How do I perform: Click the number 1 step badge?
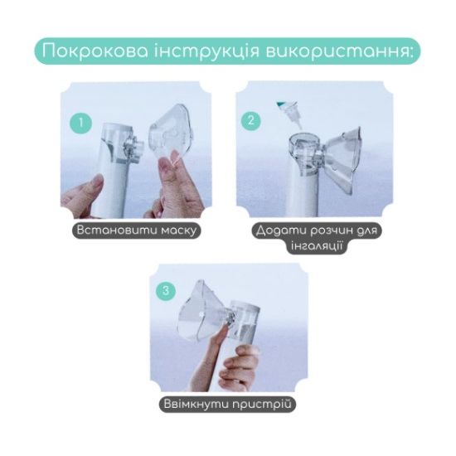[80, 123]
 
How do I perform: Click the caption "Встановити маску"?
[137, 230]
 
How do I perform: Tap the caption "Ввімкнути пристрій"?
[227, 405]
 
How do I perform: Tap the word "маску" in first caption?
[175, 230]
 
